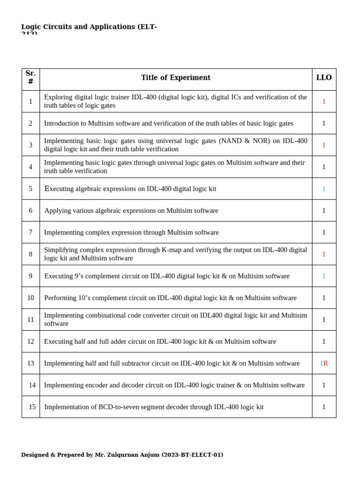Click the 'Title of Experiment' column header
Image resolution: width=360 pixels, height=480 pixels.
click(x=176, y=78)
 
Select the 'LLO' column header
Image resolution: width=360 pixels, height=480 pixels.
click(x=324, y=78)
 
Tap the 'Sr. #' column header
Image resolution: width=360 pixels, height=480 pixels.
click(x=30, y=78)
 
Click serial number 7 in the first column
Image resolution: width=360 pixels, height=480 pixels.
click(x=30, y=232)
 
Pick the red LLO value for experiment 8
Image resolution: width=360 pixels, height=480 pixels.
click(x=324, y=254)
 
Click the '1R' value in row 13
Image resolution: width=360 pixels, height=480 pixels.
click(x=324, y=363)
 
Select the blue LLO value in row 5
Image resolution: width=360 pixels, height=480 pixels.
click(x=324, y=189)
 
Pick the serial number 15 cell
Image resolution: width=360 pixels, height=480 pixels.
click(x=32, y=407)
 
